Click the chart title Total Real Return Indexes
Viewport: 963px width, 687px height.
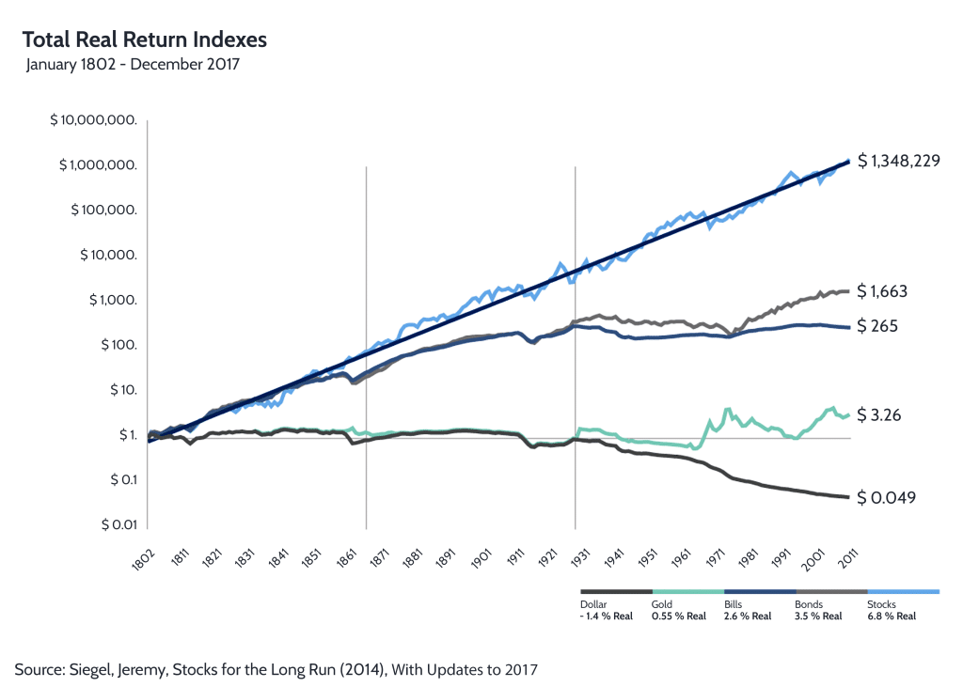pos(144,39)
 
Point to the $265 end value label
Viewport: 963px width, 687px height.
pos(878,326)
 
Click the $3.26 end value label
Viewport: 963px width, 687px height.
pos(880,414)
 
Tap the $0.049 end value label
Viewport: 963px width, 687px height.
pos(887,497)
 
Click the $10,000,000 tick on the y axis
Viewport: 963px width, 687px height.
pos(98,120)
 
